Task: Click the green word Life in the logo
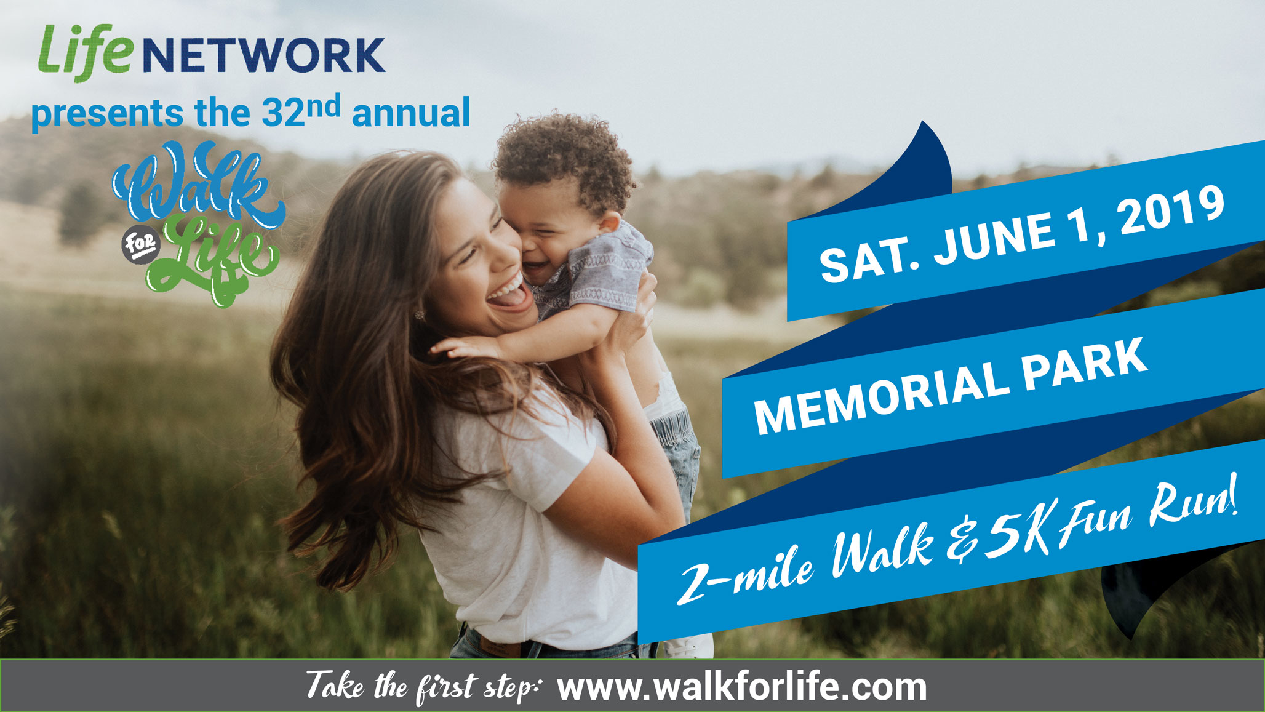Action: (x=86, y=52)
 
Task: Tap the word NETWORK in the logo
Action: (x=264, y=55)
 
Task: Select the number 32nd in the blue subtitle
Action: (x=301, y=111)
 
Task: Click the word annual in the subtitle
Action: (x=410, y=113)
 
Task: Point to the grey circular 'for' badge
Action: (x=140, y=244)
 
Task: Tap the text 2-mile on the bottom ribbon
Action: (x=745, y=572)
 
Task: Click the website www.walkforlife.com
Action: (x=742, y=687)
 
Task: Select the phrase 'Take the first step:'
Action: (x=423, y=687)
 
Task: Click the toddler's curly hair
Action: (x=563, y=160)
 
